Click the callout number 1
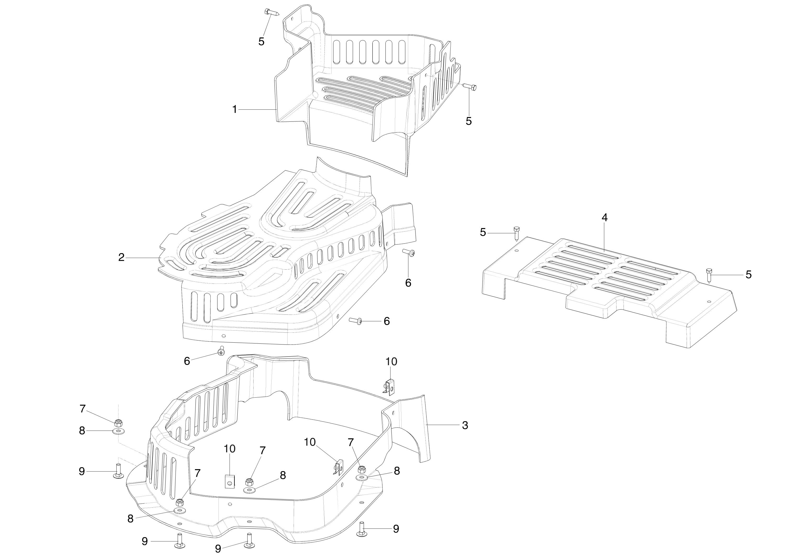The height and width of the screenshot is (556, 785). pos(234,110)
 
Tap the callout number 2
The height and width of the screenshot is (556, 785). pos(121,258)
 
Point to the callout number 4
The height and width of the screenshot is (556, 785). pos(605,218)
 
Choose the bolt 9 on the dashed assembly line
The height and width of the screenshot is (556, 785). pos(118,471)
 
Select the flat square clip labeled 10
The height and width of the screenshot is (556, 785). pos(230,482)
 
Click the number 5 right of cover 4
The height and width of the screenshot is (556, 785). pos(749,275)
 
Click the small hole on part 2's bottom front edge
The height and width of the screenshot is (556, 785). pos(223,336)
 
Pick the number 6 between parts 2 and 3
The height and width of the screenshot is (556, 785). pos(187,361)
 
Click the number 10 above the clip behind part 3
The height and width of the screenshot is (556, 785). pos(391,362)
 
